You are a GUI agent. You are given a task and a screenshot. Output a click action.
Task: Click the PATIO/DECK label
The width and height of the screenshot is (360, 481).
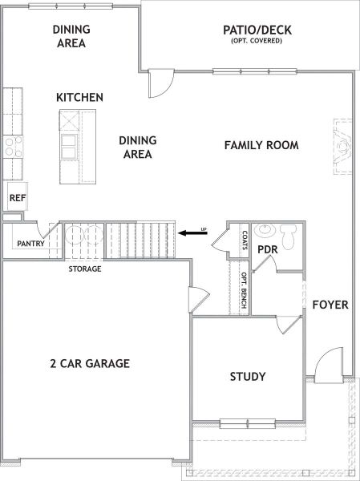[257, 30]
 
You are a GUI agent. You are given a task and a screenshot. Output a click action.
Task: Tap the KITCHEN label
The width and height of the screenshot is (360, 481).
[79, 98]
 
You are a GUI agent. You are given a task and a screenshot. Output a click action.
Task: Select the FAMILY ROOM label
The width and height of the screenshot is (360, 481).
[261, 145]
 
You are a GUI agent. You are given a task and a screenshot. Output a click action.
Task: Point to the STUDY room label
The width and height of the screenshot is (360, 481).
[248, 377]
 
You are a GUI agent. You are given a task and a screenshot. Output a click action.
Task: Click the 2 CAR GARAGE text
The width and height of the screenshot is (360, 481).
[90, 363]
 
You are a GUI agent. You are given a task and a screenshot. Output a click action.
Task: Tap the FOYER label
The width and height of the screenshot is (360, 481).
[330, 305]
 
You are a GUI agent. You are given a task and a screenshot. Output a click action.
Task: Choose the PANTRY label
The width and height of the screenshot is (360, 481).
[30, 244]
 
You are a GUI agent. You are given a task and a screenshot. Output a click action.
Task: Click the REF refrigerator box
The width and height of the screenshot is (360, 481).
[18, 196]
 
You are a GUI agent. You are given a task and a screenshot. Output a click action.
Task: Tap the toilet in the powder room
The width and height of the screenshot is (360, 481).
[289, 236]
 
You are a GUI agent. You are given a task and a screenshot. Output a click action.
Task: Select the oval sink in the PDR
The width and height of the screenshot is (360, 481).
[265, 229]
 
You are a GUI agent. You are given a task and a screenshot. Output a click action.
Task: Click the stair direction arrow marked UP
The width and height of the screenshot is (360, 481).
[192, 233]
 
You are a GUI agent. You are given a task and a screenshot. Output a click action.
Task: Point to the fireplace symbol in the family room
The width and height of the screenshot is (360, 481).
[343, 147]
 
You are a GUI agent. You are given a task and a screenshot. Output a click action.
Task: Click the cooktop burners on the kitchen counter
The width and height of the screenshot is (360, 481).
[13, 147]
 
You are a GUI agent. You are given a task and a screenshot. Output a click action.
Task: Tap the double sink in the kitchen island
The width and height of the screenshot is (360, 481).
[69, 147]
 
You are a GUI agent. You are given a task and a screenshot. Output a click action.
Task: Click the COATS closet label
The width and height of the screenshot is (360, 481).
[245, 240]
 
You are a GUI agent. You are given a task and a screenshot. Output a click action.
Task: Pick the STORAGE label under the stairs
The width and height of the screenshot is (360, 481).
[85, 269]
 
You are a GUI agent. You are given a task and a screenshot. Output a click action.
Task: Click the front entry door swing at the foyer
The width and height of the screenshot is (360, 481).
[329, 365]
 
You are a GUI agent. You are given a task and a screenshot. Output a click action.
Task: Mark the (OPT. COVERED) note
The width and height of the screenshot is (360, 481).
[257, 41]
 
